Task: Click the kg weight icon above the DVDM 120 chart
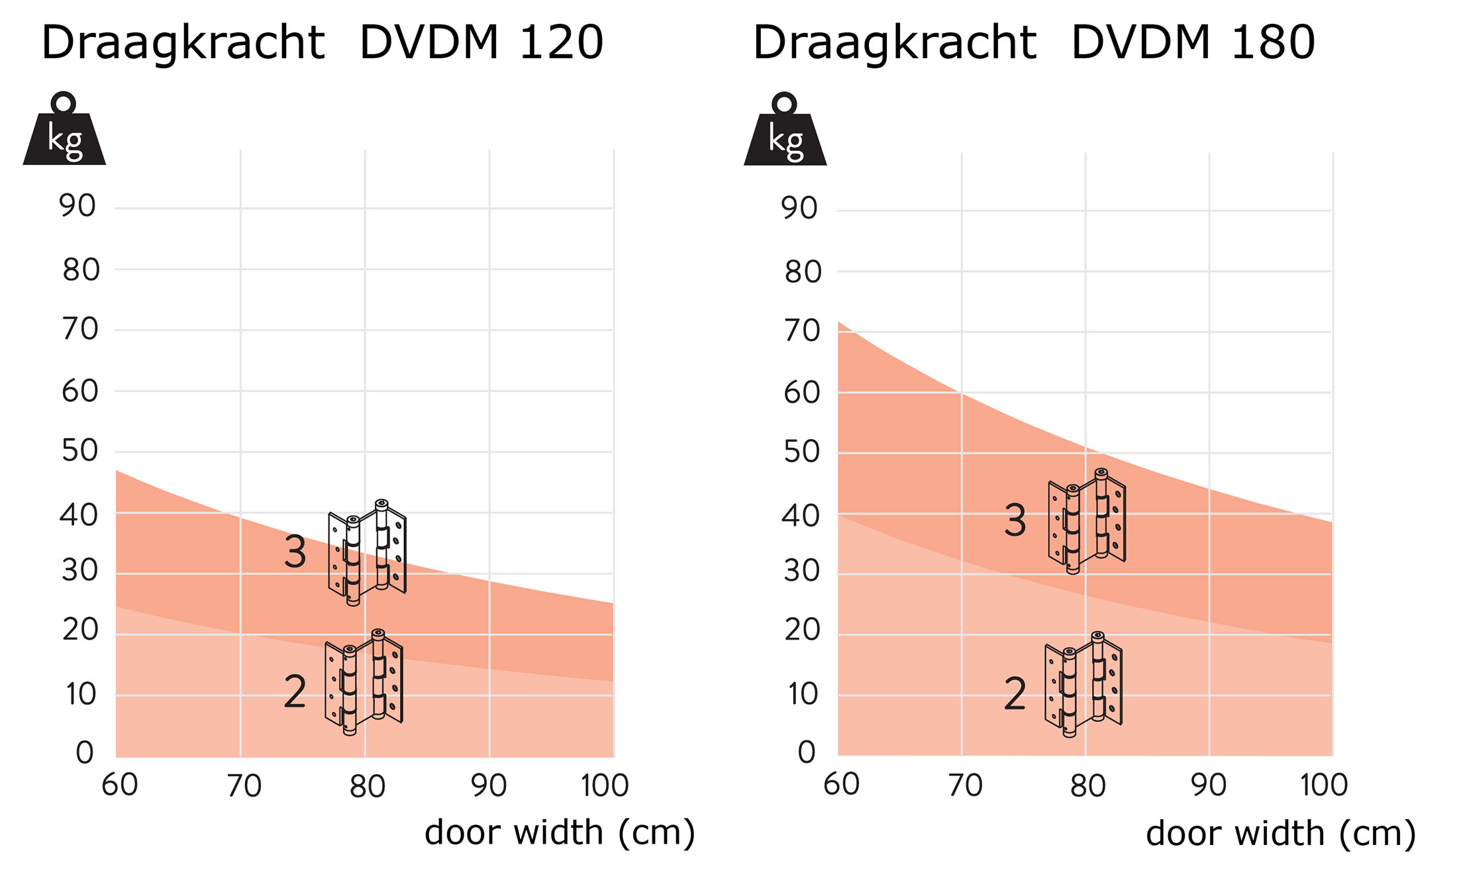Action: (64, 131)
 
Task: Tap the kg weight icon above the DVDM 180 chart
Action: (785, 131)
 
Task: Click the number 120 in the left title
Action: (561, 42)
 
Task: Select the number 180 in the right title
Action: (1273, 42)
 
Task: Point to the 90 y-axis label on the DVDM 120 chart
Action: (77, 206)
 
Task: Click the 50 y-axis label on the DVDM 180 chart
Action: (802, 452)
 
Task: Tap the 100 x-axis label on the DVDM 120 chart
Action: (604, 786)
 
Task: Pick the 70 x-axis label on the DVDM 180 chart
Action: (965, 786)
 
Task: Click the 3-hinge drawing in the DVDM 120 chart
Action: (367, 552)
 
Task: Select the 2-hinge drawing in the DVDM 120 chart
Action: (364, 682)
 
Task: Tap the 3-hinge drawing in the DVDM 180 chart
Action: (1087, 521)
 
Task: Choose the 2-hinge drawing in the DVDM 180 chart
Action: (1083, 684)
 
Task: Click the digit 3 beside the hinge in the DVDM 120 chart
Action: (295, 552)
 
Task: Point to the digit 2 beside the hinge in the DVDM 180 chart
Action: (1015, 694)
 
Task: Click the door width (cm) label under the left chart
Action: (560, 832)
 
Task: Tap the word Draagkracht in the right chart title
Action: (895, 42)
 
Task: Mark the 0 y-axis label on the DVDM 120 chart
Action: (84, 753)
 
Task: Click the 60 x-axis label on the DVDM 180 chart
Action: (841, 785)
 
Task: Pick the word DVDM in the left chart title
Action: (428, 42)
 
